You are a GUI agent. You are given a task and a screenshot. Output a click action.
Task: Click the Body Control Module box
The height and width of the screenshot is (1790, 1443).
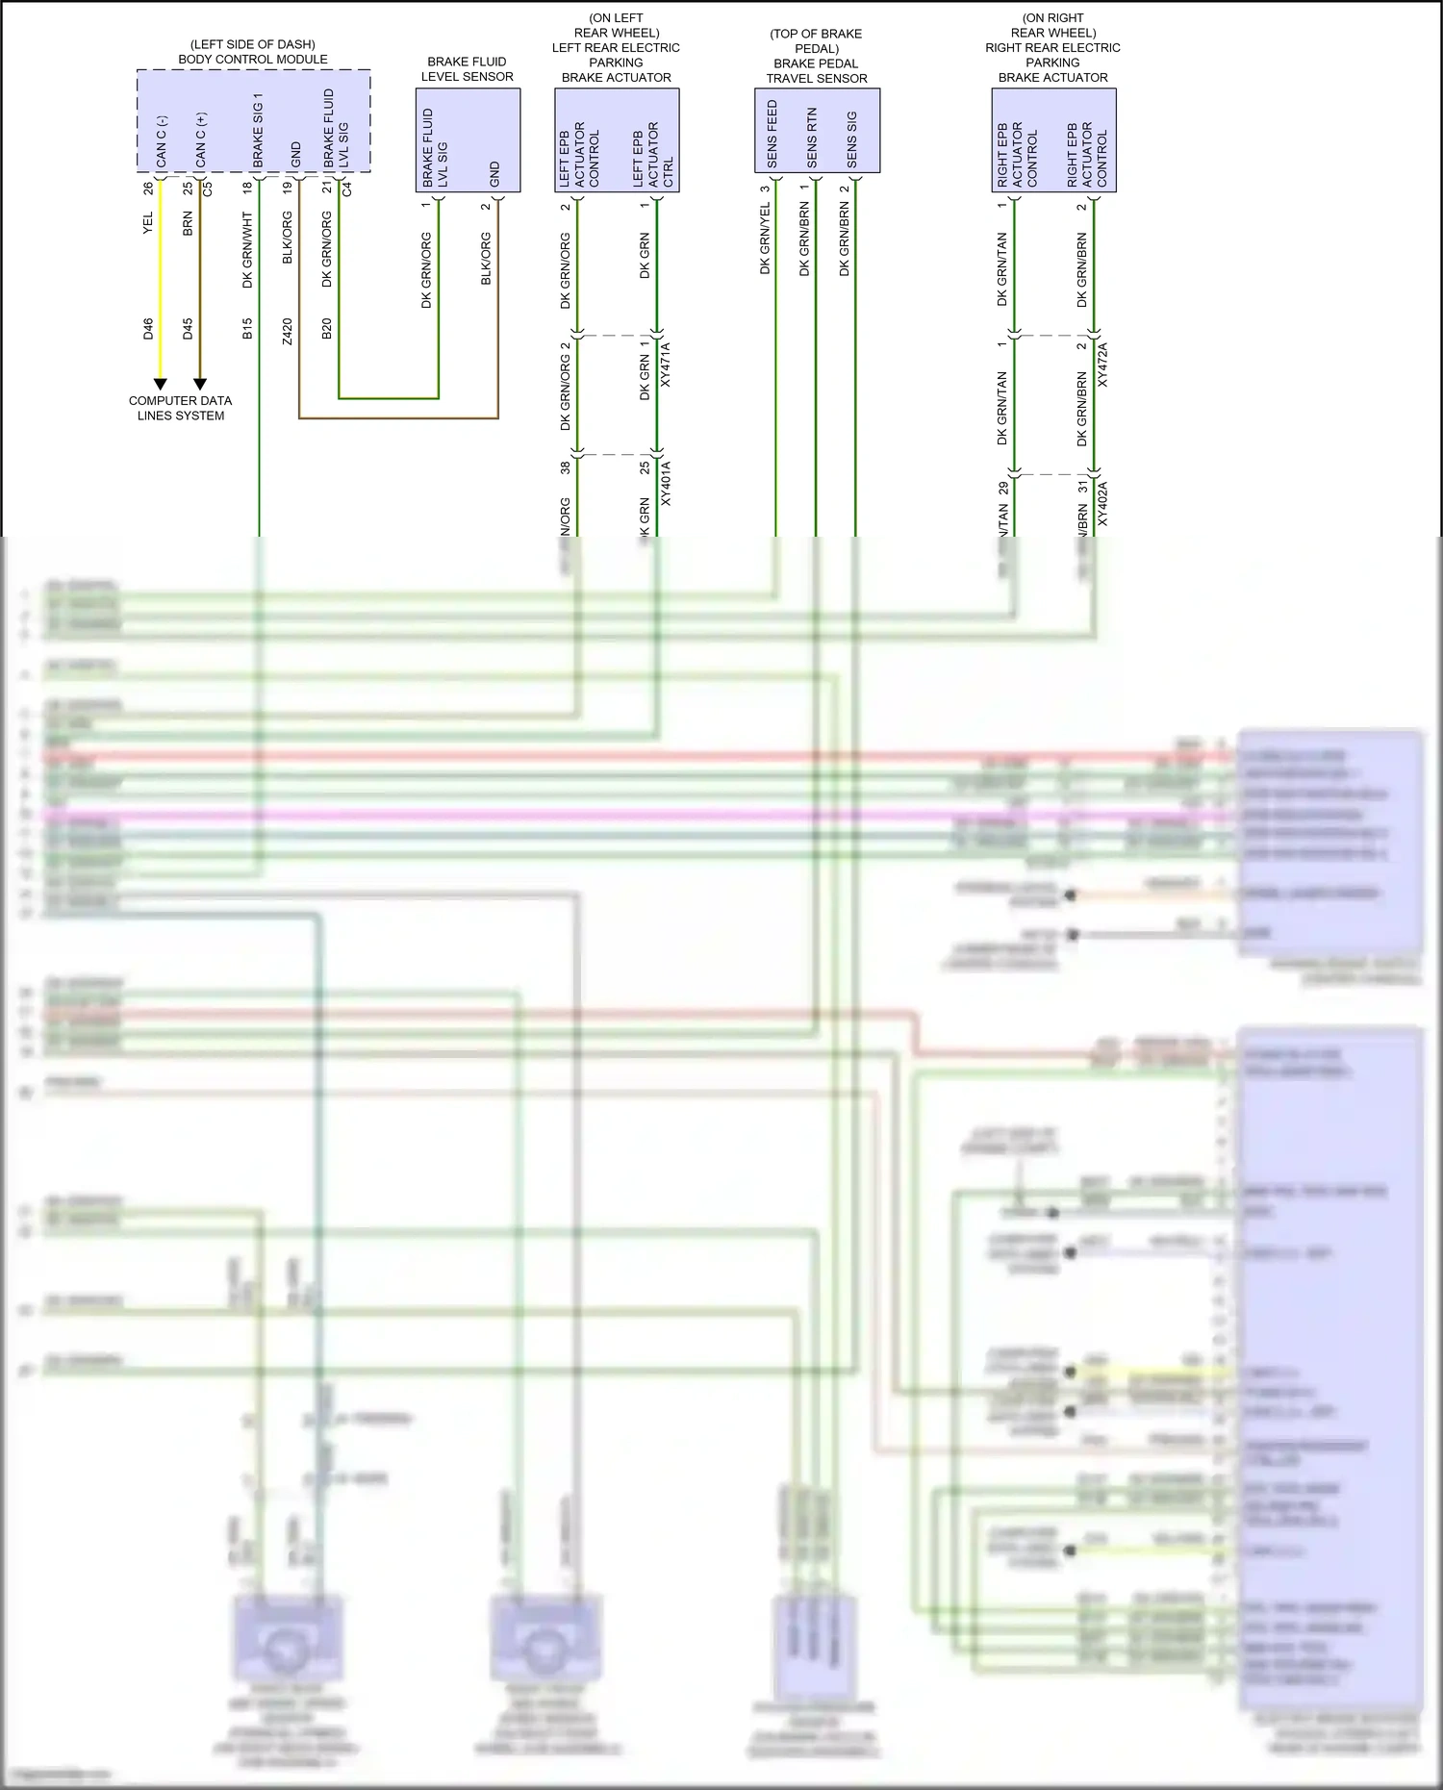tap(253, 120)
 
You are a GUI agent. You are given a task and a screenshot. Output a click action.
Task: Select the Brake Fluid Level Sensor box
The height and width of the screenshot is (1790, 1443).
tap(468, 139)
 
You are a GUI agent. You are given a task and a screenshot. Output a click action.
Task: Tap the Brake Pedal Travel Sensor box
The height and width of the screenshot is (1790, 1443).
tap(817, 130)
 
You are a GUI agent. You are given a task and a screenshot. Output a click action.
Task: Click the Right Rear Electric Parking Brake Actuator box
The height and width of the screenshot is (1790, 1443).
tap(1053, 139)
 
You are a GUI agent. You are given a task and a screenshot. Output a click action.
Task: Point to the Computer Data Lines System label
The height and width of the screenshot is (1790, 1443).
tap(181, 408)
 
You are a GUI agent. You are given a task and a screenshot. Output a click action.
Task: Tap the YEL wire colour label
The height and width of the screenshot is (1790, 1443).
tap(148, 223)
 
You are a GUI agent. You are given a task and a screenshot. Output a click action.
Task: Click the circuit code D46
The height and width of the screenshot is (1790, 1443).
tap(148, 328)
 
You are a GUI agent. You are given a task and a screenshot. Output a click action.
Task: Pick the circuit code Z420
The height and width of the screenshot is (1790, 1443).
tap(287, 332)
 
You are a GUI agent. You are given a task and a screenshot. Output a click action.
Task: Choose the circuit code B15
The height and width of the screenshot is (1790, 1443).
tap(247, 328)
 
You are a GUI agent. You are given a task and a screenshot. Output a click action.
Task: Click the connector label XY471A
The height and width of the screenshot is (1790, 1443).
tap(666, 365)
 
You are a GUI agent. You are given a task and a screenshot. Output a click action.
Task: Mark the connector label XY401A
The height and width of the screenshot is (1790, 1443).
tap(666, 484)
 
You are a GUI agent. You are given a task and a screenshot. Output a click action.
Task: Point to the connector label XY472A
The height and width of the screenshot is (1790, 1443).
tap(1102, 365)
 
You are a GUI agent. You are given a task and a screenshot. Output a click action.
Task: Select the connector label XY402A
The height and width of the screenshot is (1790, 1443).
tap(1102, 504)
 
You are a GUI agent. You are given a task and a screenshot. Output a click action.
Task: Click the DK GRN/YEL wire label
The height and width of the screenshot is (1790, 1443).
tap(766, 239)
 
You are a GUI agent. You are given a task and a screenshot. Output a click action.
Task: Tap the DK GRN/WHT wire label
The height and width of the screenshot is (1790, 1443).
tap(247, 250)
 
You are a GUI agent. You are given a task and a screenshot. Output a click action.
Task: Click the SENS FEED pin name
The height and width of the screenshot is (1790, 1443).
tap(772, 134)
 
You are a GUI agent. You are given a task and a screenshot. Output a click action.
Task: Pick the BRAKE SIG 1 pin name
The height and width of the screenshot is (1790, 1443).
tap(258, 130)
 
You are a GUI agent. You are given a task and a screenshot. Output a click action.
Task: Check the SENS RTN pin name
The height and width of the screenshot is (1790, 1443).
tap(812, 139)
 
